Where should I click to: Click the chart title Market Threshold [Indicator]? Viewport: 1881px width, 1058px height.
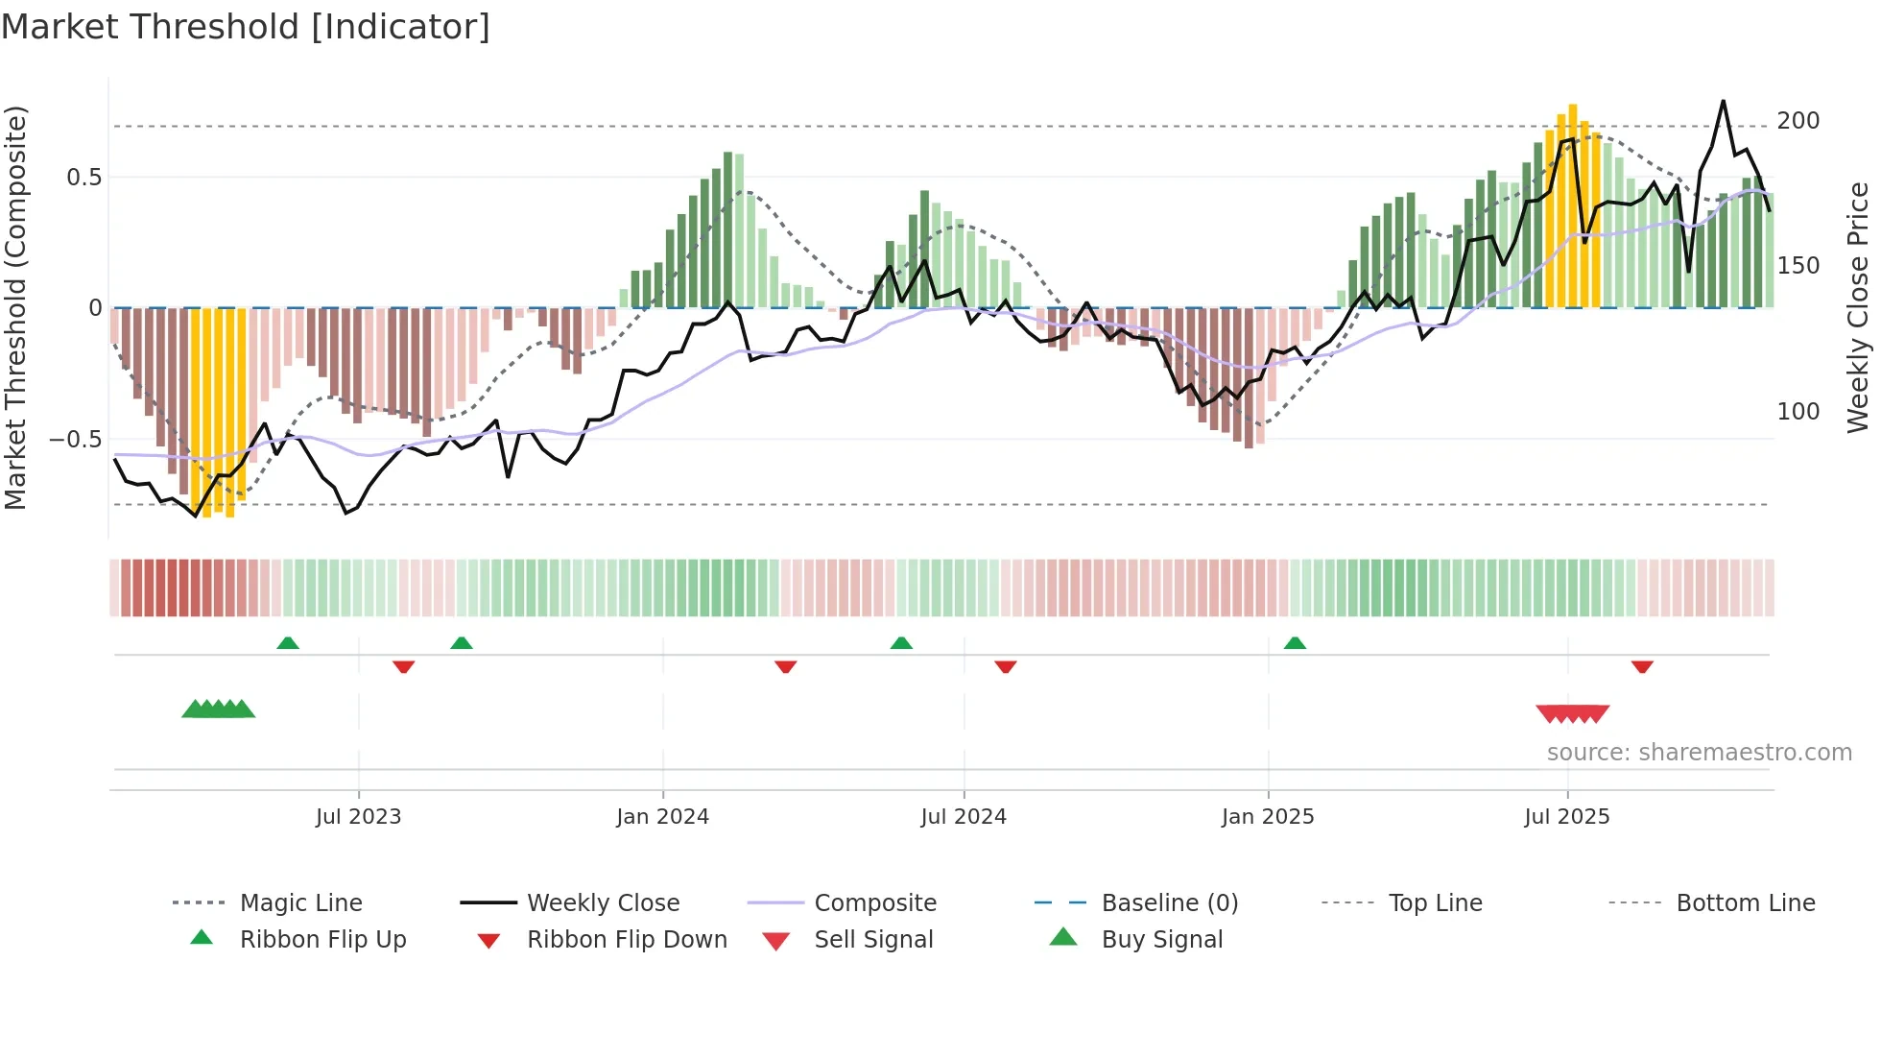coord(246,27)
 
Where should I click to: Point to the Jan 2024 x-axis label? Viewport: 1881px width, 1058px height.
coord(662,817)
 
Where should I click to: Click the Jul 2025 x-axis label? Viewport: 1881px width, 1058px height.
coord(1566,817)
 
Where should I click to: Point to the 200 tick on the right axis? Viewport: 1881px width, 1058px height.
coord(1798,121)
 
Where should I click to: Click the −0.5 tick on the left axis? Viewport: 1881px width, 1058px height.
coord(75,440)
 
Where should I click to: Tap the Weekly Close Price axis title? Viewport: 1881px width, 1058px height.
coord(1858,307)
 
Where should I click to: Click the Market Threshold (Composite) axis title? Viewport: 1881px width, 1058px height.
coord(15,307)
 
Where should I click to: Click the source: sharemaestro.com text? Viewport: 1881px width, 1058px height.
coord(1699,753)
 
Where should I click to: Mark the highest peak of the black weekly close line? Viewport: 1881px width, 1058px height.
coord(1724,101)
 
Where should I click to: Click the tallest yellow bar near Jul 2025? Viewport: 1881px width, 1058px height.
coord(1573,206)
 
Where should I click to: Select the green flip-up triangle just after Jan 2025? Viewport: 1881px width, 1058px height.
coord(1295,643)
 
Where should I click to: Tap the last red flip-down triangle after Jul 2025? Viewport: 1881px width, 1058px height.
coord(1642,666)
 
